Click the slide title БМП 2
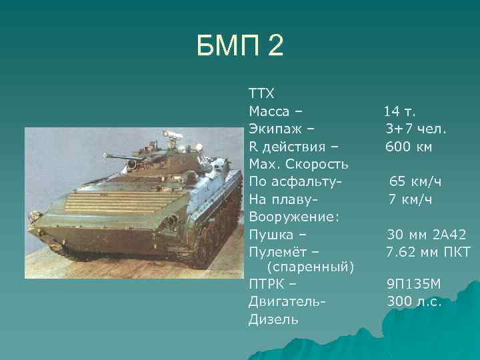coord(240,46)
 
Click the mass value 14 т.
coord(399,109)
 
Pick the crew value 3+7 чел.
coord(415,127)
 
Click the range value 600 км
coord(409,145)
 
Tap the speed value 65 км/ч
coord(415,181)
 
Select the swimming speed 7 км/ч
coord(411,199)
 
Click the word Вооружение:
coord(294,217)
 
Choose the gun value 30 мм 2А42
coord(427,235)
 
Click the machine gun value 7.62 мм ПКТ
coord(429,253)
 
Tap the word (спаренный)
coord(309,267)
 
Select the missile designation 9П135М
coord(414,284)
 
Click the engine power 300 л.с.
coord(414,301)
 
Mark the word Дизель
coord(273,319)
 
